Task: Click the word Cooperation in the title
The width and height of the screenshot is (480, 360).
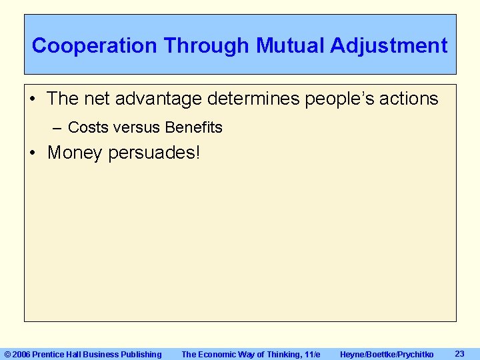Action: coord(95,46)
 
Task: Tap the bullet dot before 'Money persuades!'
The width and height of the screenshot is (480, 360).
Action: coord(33,153)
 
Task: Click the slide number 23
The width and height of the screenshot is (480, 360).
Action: coord(459,353)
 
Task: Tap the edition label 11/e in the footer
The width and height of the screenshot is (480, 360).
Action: coord(311,355)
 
